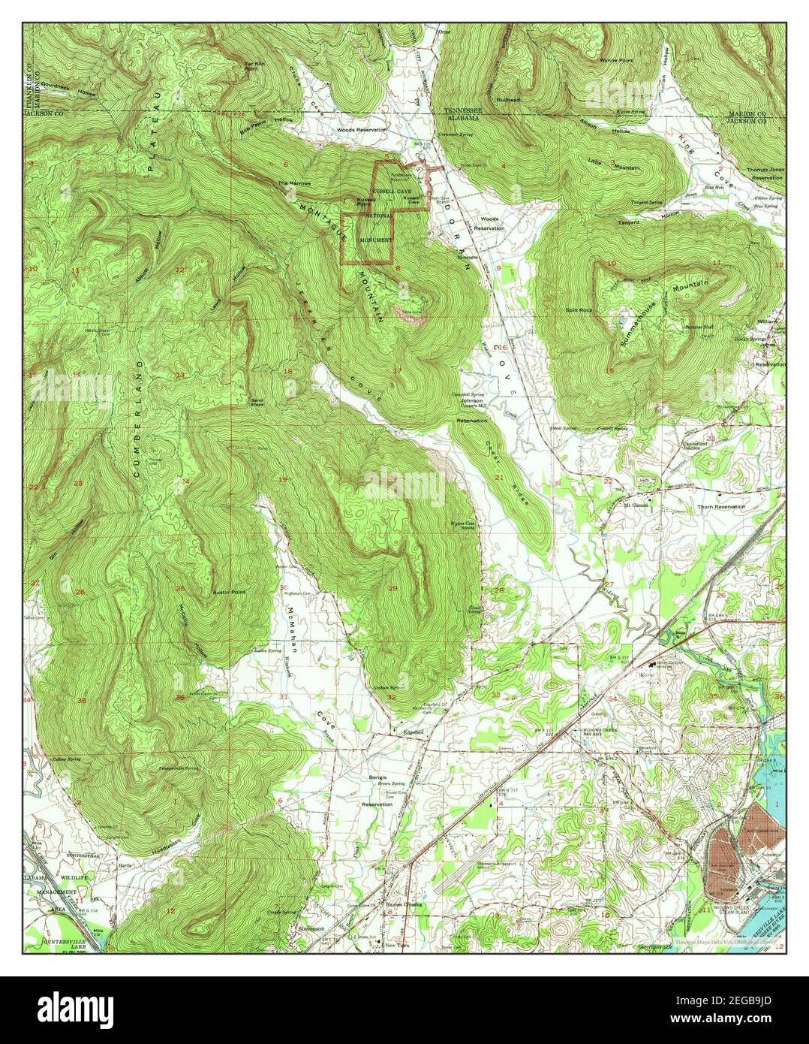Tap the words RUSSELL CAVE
tap(393, 192)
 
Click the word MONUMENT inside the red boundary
tap(375, 240)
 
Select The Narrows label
tap(292, 183)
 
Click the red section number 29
tap(393, 587)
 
